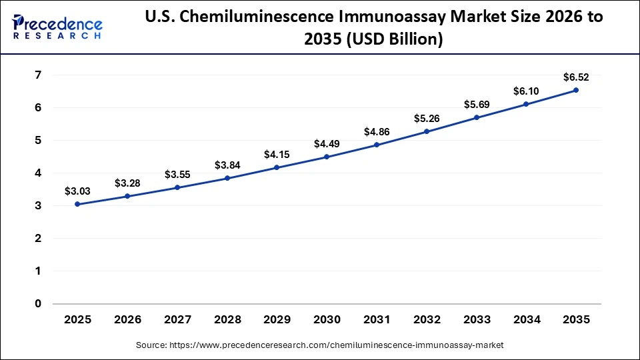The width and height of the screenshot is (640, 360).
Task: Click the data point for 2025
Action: [77, 204]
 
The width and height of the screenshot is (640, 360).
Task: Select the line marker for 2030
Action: [327, 157]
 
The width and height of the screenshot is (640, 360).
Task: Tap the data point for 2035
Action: [576, 90]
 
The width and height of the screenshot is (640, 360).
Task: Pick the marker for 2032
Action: [427, 131]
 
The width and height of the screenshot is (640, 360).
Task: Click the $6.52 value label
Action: [576, 77]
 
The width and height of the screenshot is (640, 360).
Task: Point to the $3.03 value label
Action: [77, 191]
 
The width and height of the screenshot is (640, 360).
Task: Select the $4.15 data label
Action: [277, 154]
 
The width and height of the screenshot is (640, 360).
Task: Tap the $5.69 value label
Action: [476, 104]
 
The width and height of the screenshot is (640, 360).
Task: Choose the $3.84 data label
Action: [227, 165]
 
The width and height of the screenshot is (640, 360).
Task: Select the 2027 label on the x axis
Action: [177, 320]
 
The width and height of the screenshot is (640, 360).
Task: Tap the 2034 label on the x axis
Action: [526, 320]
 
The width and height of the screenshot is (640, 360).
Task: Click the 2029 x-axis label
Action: [277, 320]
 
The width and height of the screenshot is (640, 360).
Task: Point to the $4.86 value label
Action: [377, 131]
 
